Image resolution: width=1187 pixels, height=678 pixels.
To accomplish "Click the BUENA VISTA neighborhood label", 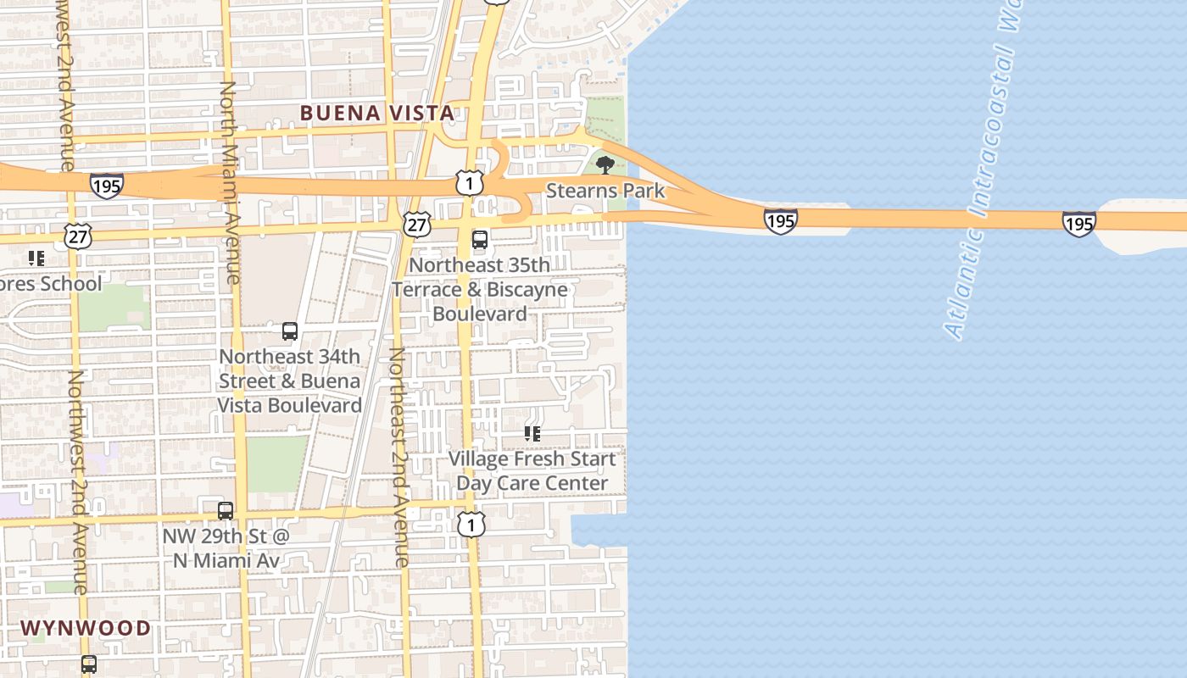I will pyautogui.click(x=376, y=113).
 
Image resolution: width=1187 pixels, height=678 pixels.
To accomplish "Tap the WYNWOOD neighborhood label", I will pyautogui.click(x=86, y=628).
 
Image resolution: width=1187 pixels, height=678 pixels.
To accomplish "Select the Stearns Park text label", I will pyautogui.click(x=605, y=191).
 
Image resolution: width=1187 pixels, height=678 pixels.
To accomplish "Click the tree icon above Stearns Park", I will pyautogui.click(x=605, y=164).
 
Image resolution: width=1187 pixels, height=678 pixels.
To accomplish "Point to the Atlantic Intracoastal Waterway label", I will pyautogui.click(x=982, y=169).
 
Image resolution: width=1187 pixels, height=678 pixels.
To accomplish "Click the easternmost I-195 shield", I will pyautogui.click(x=1078, y=224).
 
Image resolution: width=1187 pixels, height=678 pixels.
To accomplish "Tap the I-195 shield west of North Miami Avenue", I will pyautogui.click(x=107, y=186).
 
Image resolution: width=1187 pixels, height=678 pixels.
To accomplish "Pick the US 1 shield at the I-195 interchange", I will pyautogui.click(x=469, y=182).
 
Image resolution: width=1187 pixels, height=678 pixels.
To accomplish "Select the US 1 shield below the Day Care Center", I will pyautogui.click(x=471, y=525).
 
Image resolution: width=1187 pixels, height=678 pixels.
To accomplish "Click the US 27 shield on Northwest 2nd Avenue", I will pyautogui.click(x=78, y=236).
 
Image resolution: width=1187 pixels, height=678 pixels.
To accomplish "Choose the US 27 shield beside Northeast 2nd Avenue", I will pyautogui.click(x=416, y=225).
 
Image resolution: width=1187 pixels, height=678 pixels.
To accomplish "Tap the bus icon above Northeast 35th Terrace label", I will pyautogui.click(x=480, y=240).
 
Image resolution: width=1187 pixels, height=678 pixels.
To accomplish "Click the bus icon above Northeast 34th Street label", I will pyautogui.click(x=290, y=331).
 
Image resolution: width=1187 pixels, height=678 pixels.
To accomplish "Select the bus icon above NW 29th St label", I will pyautogui.click(x=226, y=511).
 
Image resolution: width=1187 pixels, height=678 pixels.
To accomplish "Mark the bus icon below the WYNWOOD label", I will pyautogui.click(x=89, y=664).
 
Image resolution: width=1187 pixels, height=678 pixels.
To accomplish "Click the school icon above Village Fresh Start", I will pyautogui.click(x=532, y=434).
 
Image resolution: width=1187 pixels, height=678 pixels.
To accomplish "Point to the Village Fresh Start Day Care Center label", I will pyautogui.click(x=532, y=471).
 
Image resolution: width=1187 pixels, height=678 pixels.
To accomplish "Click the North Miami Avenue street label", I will pyautogui.click(x=230, y=182).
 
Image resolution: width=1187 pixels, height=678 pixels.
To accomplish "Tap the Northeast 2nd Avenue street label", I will pyautogui.click(x=398, y=458).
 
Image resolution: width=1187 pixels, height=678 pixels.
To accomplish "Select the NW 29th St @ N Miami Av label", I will pyautogui.click(x=226, y=548).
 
